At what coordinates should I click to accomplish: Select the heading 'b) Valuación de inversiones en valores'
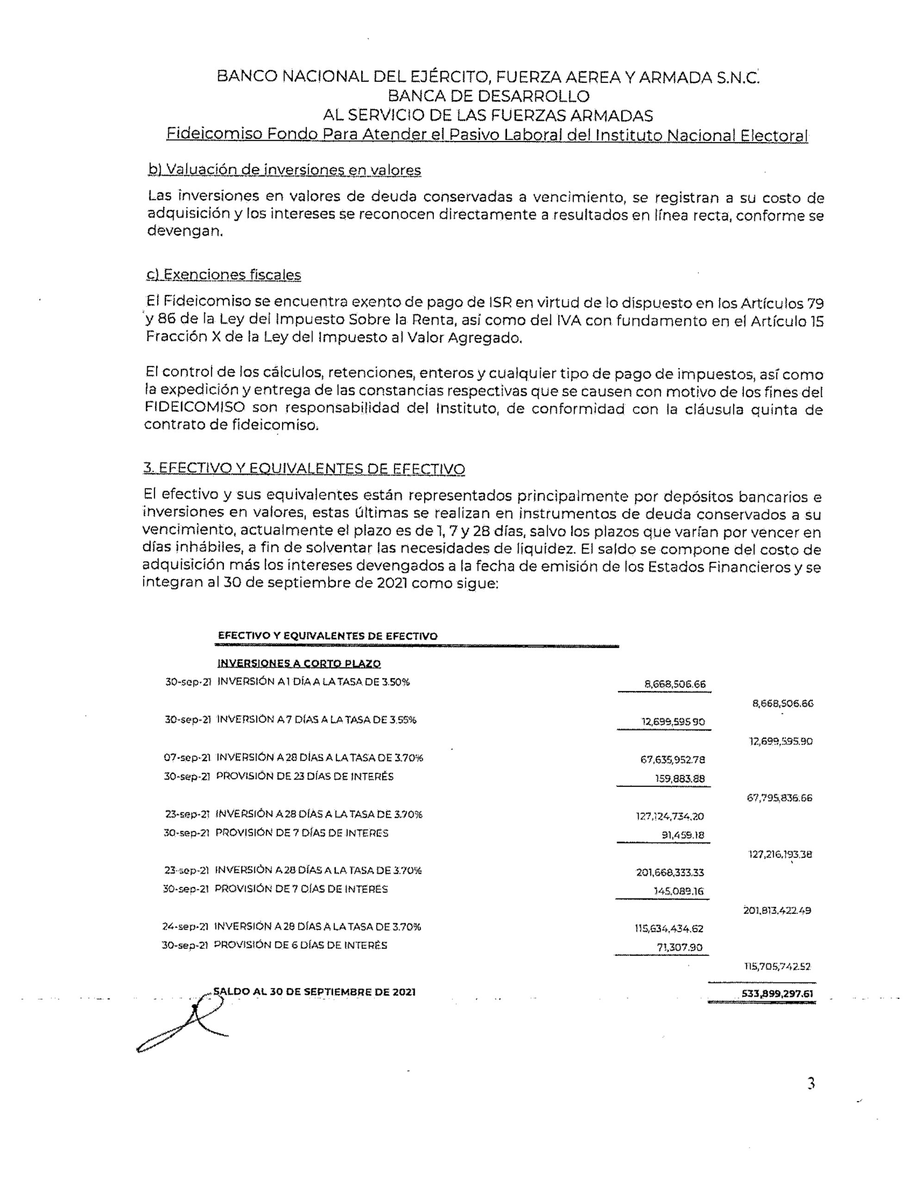[x=284, y=170]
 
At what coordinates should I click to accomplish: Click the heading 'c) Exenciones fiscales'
[x=223, y=275]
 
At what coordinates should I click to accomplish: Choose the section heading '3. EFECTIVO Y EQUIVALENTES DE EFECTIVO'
[x=304, y=469]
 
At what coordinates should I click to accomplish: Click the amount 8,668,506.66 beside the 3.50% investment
[x=675, y=684]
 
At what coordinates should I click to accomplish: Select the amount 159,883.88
[x=680, y=779]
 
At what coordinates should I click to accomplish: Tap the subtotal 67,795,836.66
[x=779, y=798]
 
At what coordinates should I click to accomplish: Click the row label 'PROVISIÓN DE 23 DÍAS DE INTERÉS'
[x=305, y=777]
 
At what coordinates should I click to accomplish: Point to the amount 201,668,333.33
[x=670, y=872]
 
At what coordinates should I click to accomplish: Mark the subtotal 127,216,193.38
[x=780, y=854]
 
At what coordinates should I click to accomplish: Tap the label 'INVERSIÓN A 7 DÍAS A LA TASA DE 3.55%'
[x=316, y=720]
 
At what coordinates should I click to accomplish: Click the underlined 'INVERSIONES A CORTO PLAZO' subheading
[x=299, y=664]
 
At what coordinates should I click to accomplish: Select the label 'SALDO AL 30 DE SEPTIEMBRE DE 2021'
[x=315, y=992]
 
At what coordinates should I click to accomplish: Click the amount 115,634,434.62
[x=669, y=929]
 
